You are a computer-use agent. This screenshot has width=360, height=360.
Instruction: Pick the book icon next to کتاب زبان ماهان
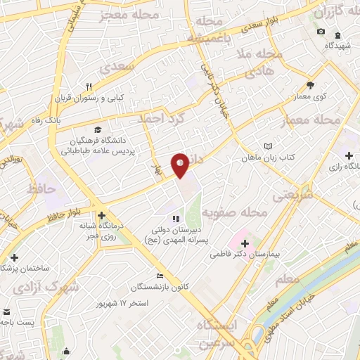267,146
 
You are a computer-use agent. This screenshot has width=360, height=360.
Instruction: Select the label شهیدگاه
337,45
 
